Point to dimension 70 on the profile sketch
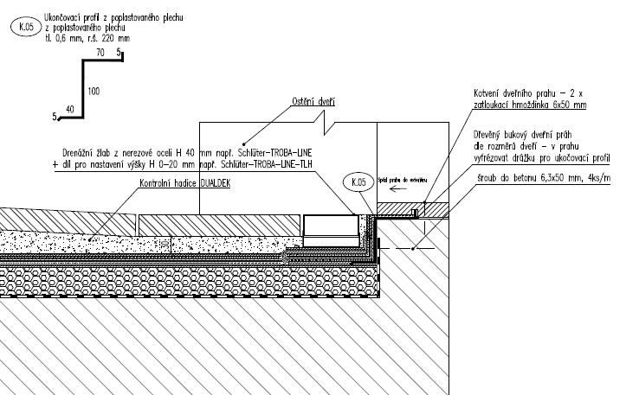tap(100, 54)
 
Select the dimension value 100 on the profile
tap(94, 89)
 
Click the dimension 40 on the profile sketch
tap(70, 109)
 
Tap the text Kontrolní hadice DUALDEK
tap(184, 184)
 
